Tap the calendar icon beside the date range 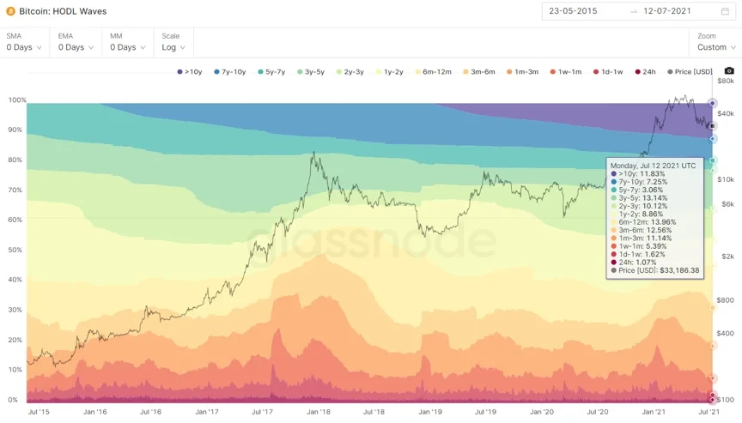click(725, 11)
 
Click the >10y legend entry click(191, 72)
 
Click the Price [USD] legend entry click(690, 72)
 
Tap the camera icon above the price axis click(729, 71)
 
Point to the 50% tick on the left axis click(14, 250)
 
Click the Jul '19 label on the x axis click(485, 412)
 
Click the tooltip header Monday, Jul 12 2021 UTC click(653, 164)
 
